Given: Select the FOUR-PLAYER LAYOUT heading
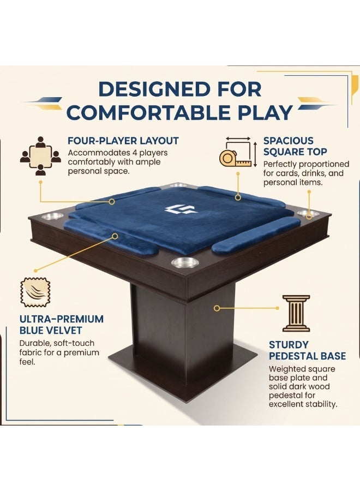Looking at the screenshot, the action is coord(123,141).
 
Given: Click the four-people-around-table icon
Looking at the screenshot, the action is coord(40,155).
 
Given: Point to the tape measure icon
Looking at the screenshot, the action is coord(238,153).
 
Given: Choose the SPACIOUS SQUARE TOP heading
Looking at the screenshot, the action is coord(295,146).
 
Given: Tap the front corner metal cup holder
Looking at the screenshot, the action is coord(185,262).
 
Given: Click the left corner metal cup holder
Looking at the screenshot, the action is coord(52,215).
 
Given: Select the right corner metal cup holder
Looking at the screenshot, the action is coord(308,213).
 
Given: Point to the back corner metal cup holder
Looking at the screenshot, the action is coord(178,185).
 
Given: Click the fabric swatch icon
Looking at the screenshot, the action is coord(35,292).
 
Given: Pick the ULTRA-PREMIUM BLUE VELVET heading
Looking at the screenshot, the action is coord(61,325).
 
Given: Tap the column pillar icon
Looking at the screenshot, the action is coord(296,313).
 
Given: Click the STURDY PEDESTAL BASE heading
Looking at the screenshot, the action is coord(307,350).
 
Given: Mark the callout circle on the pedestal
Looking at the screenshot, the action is coord(217,308).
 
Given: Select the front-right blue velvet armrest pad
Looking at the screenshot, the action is coord(256,234).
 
